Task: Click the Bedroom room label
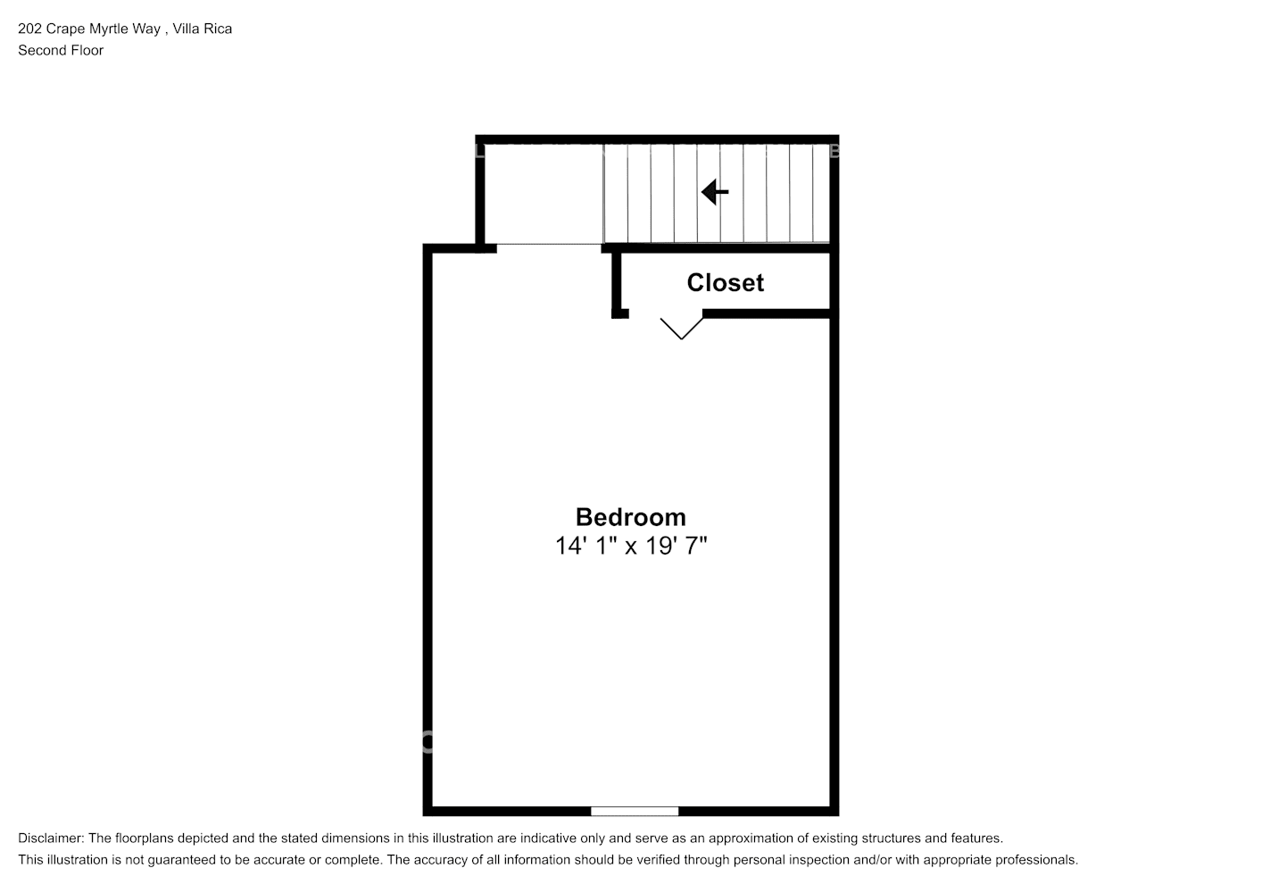point(630,517)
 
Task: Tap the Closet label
point(725,283)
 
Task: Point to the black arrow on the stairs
point(715,191)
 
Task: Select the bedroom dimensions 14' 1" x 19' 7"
point(630,546)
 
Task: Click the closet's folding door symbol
point(682,328)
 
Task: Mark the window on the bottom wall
point(635,811)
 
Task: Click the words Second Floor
point(61,51)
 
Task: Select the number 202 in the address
point(29,29)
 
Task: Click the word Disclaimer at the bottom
point(50,839)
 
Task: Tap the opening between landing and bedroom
point(549,245)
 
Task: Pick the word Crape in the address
point(64,29)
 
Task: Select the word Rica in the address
point(220,29)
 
